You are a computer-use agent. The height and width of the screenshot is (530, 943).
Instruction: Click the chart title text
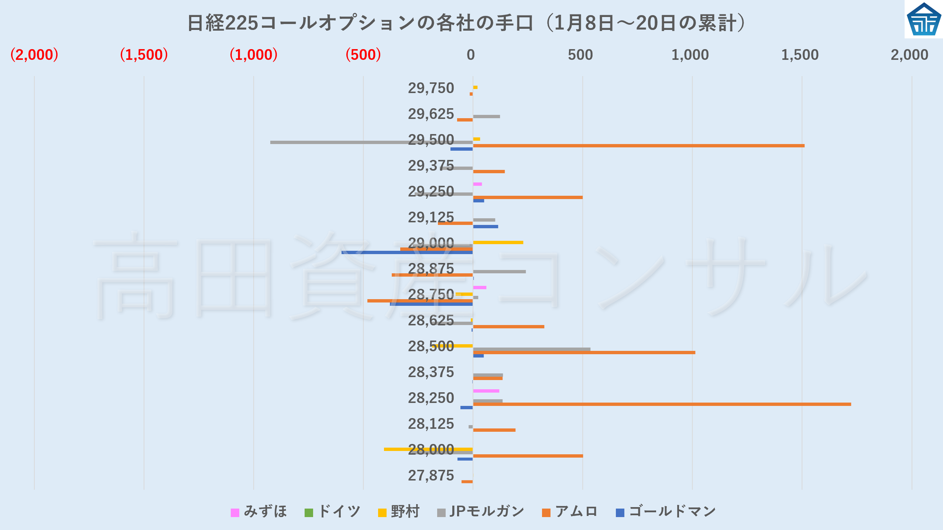[467, 23]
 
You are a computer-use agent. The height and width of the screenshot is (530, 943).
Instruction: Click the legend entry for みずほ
[259, 512]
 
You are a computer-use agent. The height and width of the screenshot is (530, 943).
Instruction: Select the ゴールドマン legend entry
[666, 512]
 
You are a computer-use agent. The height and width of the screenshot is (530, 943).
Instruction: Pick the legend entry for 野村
[399, 512]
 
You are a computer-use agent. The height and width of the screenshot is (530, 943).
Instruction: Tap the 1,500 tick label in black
[800, 55]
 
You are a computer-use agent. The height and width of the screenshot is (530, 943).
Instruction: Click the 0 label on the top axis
[470, 55]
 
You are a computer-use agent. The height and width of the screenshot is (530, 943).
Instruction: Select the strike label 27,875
[431, 475]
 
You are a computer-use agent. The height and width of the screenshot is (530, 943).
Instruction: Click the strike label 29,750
[431, 88]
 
